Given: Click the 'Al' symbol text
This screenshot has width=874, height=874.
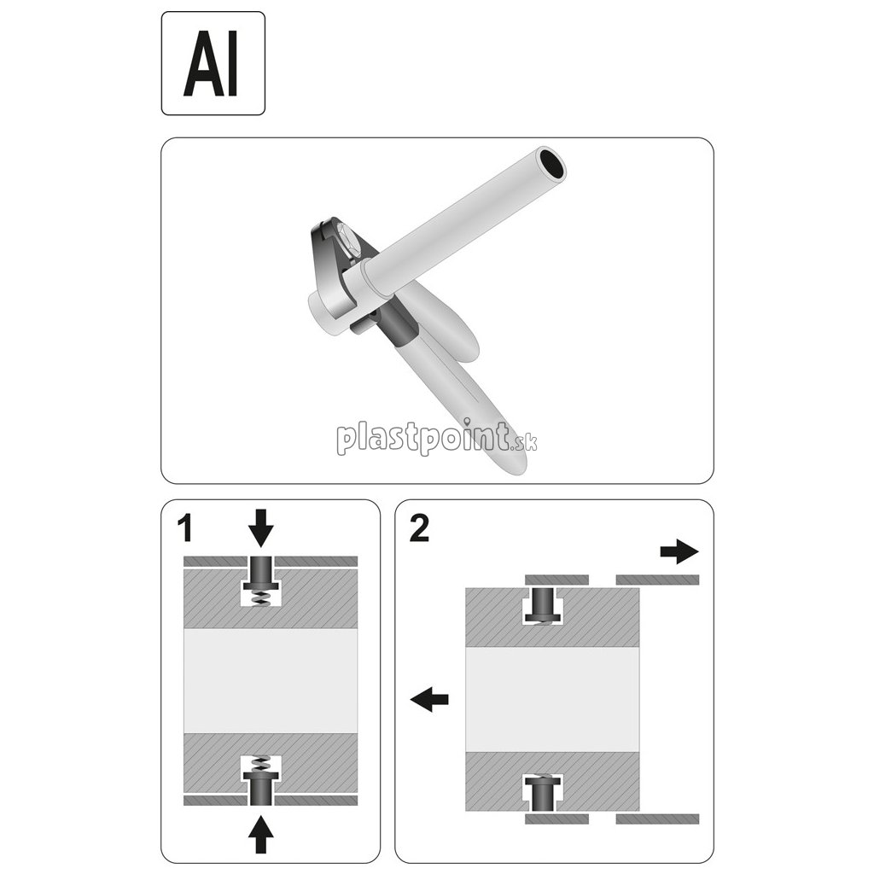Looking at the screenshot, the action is pyautogui.click(x=212, y=64).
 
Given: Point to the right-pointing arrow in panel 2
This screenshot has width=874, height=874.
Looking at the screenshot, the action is pyautogui.click(x=679, y=551).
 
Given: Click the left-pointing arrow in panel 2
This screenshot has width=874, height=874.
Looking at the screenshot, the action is pyautogui.click(x=429, y=700).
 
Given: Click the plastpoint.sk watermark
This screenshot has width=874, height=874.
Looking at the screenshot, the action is pyautogui.click(x=436, y=439).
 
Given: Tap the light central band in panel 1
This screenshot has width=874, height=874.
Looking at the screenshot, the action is pyautogui.click(x=270, y=681).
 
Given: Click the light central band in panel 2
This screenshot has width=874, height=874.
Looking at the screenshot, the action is pyautogui.click(x=551, y=698).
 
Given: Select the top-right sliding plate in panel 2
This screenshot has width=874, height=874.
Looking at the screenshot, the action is pyautogui.click(x=657, y=580).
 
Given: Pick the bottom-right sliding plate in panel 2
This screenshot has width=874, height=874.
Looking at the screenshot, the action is pyautogui.click(x=657, y=819).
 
